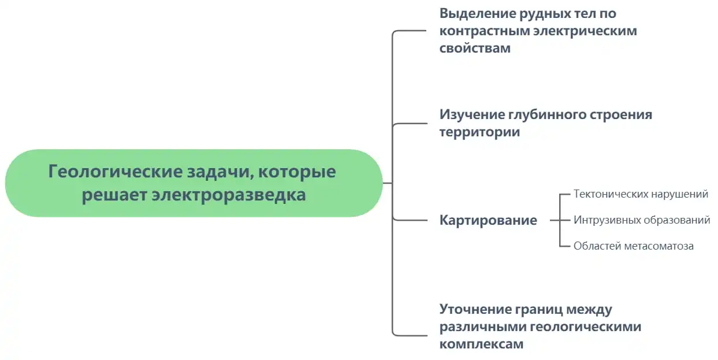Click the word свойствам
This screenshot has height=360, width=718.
click(475, 48)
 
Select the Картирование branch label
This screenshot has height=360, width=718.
click(488, 220)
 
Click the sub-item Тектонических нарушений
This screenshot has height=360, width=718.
click(641, 194)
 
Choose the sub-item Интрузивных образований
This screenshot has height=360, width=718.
click(642, 220)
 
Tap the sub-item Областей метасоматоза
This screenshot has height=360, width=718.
click(633, 246)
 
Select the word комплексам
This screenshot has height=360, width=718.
click(481, 344)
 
